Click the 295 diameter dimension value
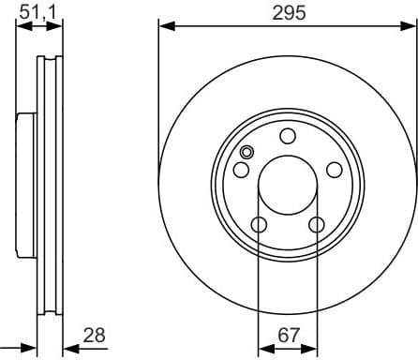[x=288, y=12]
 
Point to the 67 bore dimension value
[x=288, y=333]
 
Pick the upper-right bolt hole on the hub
[x=334, y=169]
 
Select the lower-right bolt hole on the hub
[x=317, y=223]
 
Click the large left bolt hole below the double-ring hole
[x=241, y=170]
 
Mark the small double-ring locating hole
[x=246, y=154]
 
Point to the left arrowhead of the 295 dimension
[x=164, y=26]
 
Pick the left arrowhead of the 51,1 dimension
[x=22, y=26]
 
